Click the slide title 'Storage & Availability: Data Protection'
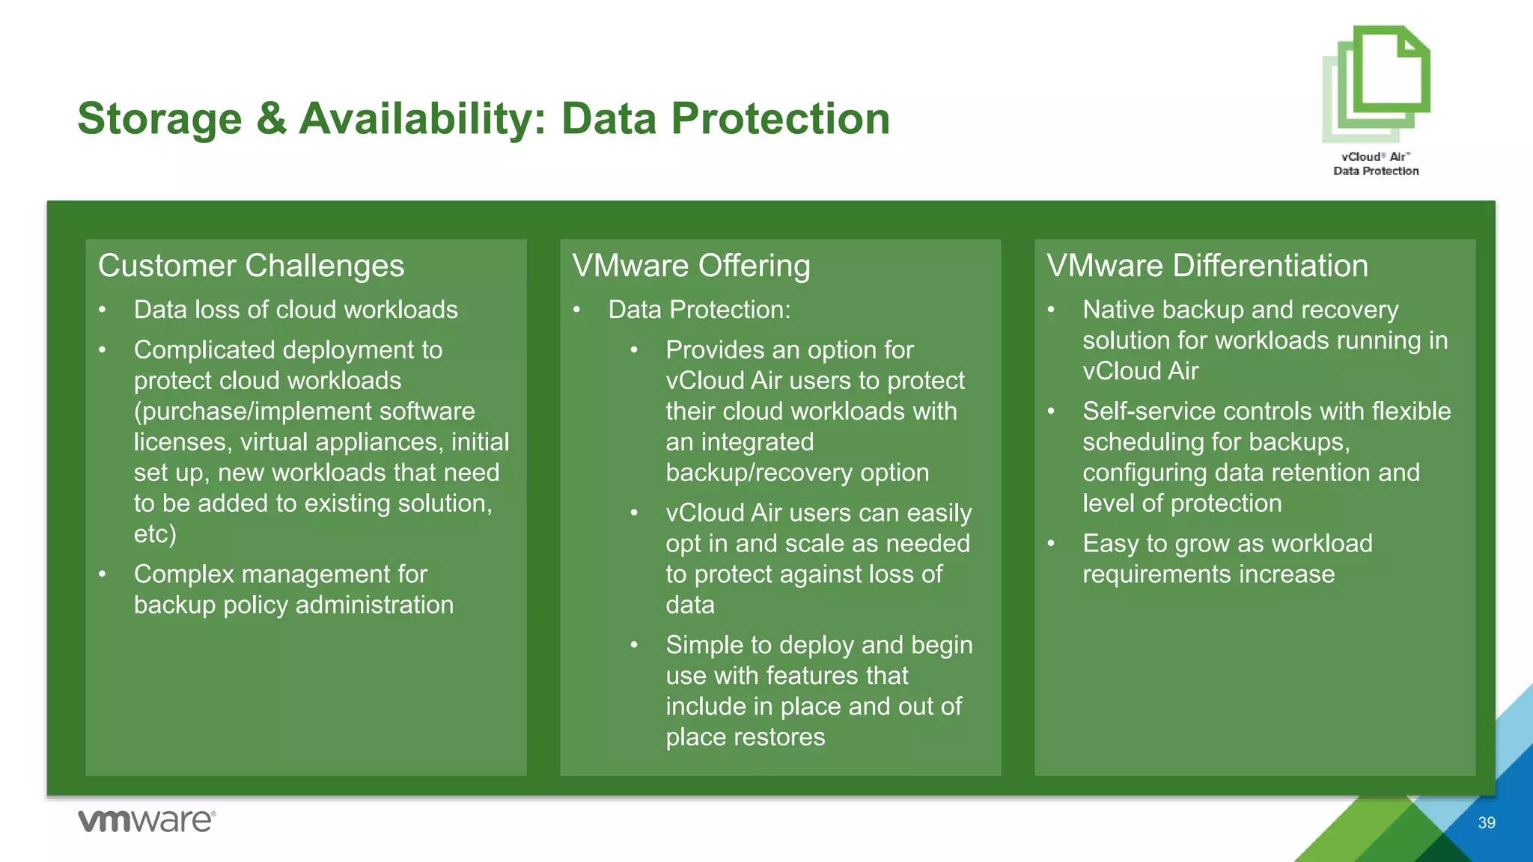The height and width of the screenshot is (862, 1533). pyautogui.click(x=484, y=119)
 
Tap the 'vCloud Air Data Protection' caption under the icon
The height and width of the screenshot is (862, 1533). pyautogui.click(x=1376, y=164)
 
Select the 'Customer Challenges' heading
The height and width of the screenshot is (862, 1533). pyautogui.click(x=251, y=266)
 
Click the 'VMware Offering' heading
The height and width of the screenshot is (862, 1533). pyautogui.click(x=691, y=266)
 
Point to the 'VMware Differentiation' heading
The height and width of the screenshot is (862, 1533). pyautogui.click(x=1207, y=266)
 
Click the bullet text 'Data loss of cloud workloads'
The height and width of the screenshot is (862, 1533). pyautogui.click(x=296, y=310)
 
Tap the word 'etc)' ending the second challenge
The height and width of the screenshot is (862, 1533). pyautogui.click(x=155, y=534)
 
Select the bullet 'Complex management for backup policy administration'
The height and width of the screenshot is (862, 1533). pyautogui.click(x=293, y=590)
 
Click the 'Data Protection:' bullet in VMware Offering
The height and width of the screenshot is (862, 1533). pyautogui.click(x=699, y=310)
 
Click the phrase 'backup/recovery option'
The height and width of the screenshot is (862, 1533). pyautogui.click(x=797, y=473)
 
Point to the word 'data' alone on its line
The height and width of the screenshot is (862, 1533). pyautogui.click(x=690, y=605)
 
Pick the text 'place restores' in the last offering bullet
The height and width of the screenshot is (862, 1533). pyautogui.click(x=746, y=737)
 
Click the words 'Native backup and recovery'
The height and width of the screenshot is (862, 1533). pyautogui.click(x=1240, y=310)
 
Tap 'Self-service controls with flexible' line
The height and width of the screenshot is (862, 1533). pyautogui.click(x=1267, y=412)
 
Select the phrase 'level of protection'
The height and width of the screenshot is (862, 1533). pyautogui.click(x=1182, y=504)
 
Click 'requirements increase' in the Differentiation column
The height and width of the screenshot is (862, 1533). pyautogui.click(x=1208, y=575)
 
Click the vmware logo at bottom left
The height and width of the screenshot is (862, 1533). pyautogui.click(x=147, y=821)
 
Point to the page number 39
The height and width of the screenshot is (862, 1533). pyautogui.click(x=1487, y=823)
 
